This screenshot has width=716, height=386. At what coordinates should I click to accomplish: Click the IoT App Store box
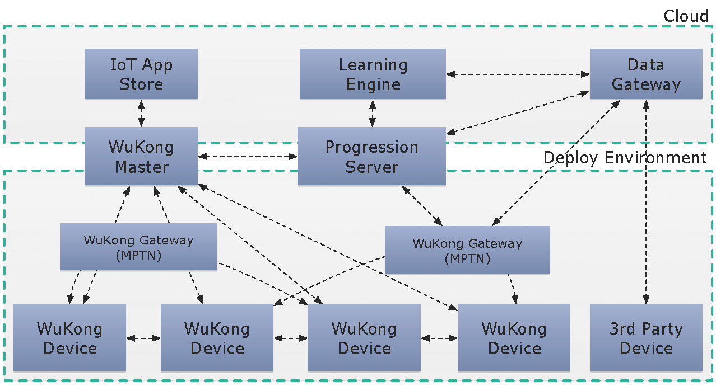[x=141, y=74]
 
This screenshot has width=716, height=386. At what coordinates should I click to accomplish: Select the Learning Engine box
[x=373, y=74]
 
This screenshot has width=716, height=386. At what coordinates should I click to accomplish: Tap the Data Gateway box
[x=646, y=74]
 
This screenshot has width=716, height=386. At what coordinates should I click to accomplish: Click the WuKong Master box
[x=141, y=156]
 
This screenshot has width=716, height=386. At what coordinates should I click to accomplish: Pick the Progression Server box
[x=372, y=156]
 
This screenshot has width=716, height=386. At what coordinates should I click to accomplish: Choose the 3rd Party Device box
[x=646, y=338]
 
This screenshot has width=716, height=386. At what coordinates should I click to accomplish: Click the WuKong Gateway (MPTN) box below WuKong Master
[x=139, y=247]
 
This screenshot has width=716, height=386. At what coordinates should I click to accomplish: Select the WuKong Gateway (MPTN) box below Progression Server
[x=467, y=250]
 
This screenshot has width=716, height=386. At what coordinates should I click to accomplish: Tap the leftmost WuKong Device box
[x=69, y=338]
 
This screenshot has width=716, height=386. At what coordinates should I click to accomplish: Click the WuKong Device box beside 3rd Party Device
[x=514, y=338]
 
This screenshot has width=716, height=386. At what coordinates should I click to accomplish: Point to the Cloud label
[x=686, y=16]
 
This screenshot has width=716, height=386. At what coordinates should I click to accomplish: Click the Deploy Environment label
[x=625, y=158]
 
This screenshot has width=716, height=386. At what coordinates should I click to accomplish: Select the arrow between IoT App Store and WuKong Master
[x=141, y=114]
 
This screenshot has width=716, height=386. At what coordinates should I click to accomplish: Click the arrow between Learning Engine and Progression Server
[x=373, y=114]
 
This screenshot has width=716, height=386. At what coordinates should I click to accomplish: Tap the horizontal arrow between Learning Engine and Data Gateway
[x=518, y=74]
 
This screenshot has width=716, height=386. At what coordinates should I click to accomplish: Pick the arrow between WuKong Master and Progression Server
[x=248, y=157]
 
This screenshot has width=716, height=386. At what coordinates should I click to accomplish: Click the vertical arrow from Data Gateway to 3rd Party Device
[x=646, y=202]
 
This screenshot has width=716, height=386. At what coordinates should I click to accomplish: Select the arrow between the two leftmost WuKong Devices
[x=143, y=338]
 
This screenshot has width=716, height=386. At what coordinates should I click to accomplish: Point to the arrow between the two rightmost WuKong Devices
[x=439, y=338]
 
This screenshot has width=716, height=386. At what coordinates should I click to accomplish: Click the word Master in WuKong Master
[x=142, y=167]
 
